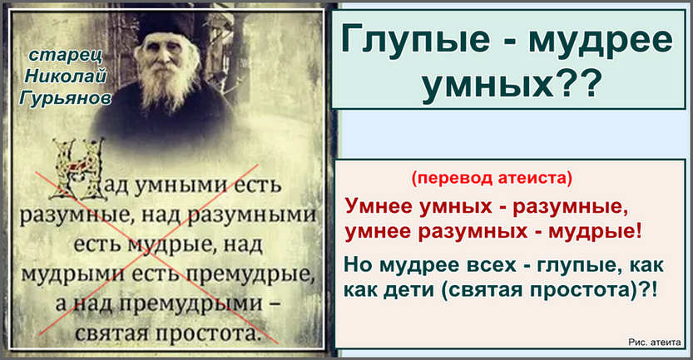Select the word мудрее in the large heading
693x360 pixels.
(x=601, y=40)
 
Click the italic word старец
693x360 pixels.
(x=67, y=56)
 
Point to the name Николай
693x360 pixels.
(x=66, y=76)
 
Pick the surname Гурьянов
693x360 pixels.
(x=66, y=98)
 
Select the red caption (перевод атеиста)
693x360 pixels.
(x=492, y=178)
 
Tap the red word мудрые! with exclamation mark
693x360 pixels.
(x=595, y=231)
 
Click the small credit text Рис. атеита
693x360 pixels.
(x=654, y=342)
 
